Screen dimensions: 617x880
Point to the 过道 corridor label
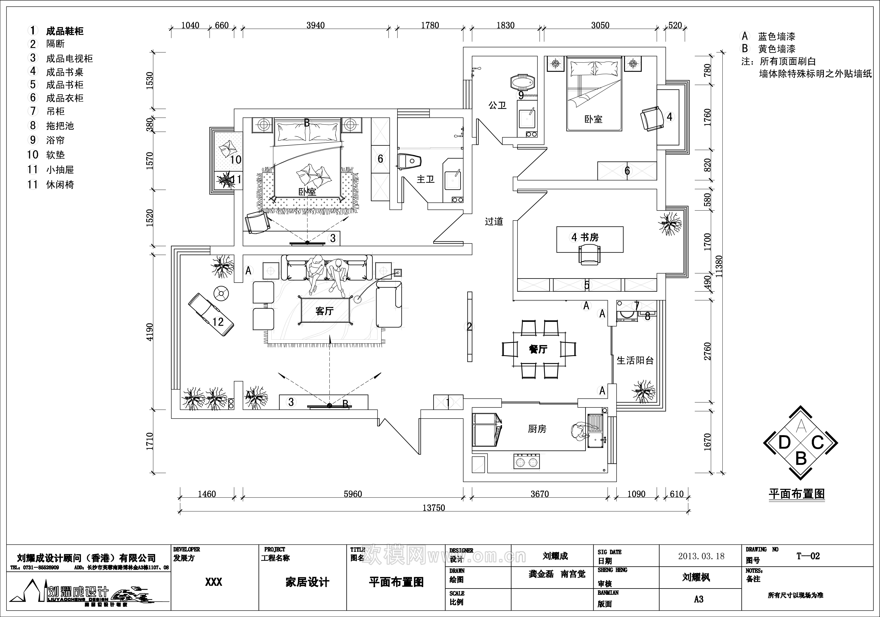(x=494, y=221)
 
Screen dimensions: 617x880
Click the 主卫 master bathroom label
(x=425, y=179)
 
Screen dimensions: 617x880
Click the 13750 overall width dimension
(x=433, y=508)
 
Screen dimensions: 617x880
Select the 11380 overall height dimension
(x=719, y=266)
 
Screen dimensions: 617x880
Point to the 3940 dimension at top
(x=316, y=25)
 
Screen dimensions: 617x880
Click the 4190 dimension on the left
(x=149, y=332)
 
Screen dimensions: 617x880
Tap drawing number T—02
(x=808, y=556)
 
